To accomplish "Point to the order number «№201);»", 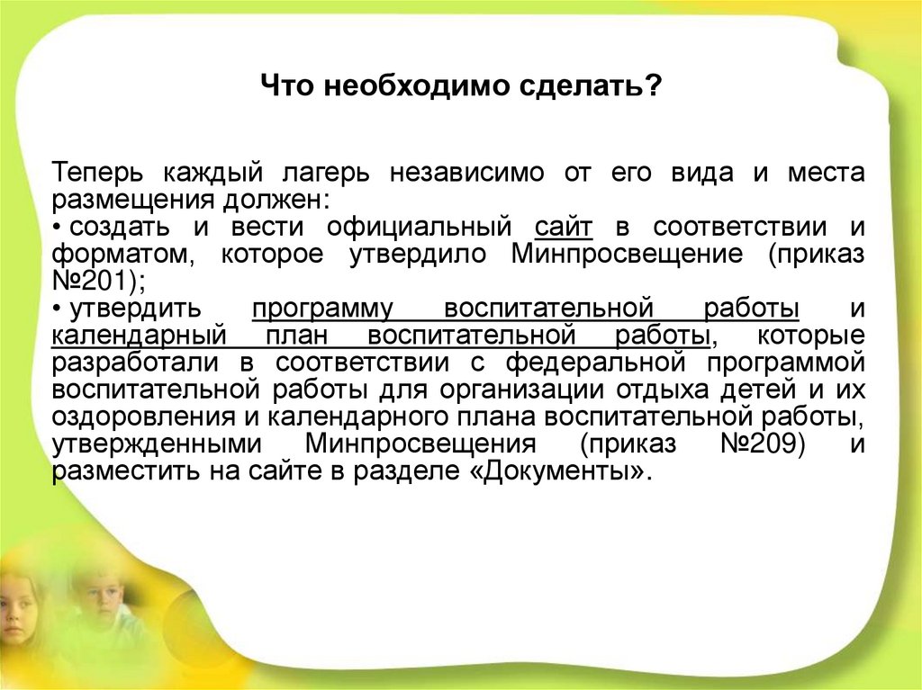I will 98,281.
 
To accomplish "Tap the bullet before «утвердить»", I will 57,309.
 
